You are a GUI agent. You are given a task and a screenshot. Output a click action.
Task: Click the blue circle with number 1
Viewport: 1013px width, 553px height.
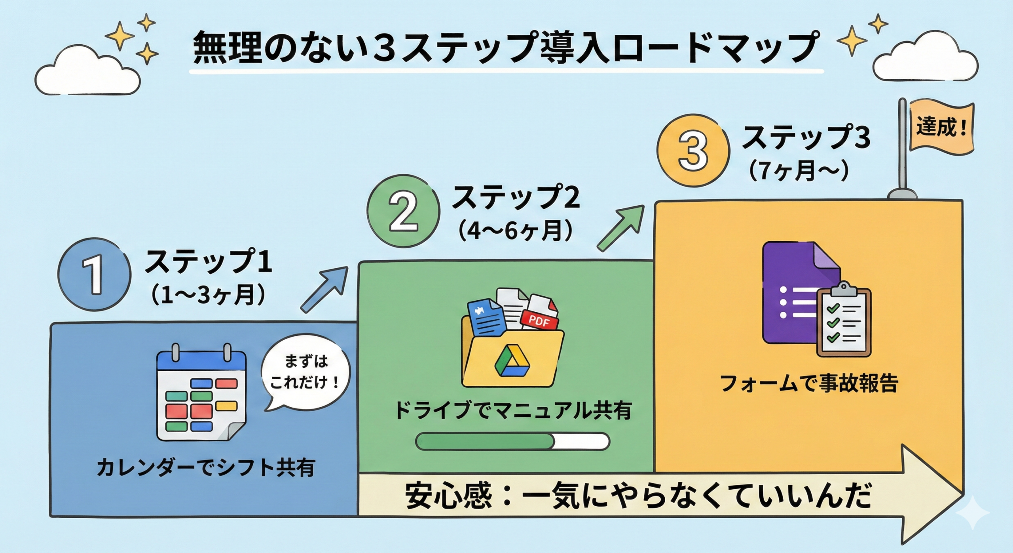pyautogui.click(x=94, y=275)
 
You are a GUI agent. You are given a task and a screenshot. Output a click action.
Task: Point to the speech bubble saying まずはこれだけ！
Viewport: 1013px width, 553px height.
pyautogui.click(x=305, y=373)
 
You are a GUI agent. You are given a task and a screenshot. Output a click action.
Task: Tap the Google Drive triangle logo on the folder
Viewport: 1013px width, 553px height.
pyautogui.click(x=512, y=361)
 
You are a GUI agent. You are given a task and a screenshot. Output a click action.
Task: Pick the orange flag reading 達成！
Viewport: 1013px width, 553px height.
pyautogui.click(x=941, y=128)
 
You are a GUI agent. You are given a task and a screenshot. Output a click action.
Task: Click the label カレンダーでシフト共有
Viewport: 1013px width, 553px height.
pyautogui.click(x=206, y=468)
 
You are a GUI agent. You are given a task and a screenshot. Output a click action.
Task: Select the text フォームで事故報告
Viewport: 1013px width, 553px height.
pyautogui.click(x=808, y=383)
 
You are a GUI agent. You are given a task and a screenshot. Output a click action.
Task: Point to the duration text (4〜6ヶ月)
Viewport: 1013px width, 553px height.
pyautogui.click(x=515, y=231)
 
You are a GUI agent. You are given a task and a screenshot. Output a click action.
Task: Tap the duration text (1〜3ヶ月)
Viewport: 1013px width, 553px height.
pyautogui.click(x=209, y=295)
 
